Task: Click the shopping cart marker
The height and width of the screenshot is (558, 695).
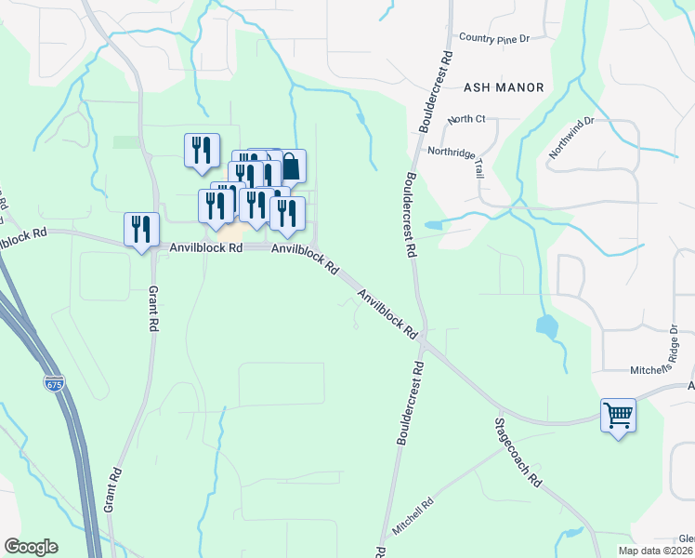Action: pyautogui.click(x=619, y=415)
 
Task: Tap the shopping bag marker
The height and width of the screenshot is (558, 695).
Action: pyautogui.click(x=291, y=167)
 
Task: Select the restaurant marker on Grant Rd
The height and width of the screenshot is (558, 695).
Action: pyautogui.click(x=141, y=229)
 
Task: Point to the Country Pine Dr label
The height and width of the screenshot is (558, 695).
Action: pyautogui.click(x=493, y=38)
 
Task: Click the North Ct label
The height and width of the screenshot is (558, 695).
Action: pyautogui.click(x=466, y=119)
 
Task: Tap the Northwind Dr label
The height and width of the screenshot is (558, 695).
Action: pyautogui.click(x=570, y=139)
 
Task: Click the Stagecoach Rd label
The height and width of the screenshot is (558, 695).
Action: pyautogui.click(x=518, y=453)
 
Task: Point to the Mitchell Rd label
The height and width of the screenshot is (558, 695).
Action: pyautogui.click(x=413, y=517)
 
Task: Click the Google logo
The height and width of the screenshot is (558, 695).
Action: pyautogui.click(x=31, y=547)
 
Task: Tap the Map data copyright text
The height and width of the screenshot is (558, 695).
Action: pyautogui.click(x=655, y=551)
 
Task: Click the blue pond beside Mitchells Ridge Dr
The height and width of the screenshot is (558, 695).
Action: pyautogui.click(x=546, y=326)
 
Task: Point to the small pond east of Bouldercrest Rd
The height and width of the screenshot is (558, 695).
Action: pyautogui.click(x=434, y=225)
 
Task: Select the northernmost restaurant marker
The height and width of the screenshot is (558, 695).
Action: pyautogui.click(x=202, y=150)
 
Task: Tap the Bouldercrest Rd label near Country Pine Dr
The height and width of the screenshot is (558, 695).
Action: pyautogui.click(x=436, y=89)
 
